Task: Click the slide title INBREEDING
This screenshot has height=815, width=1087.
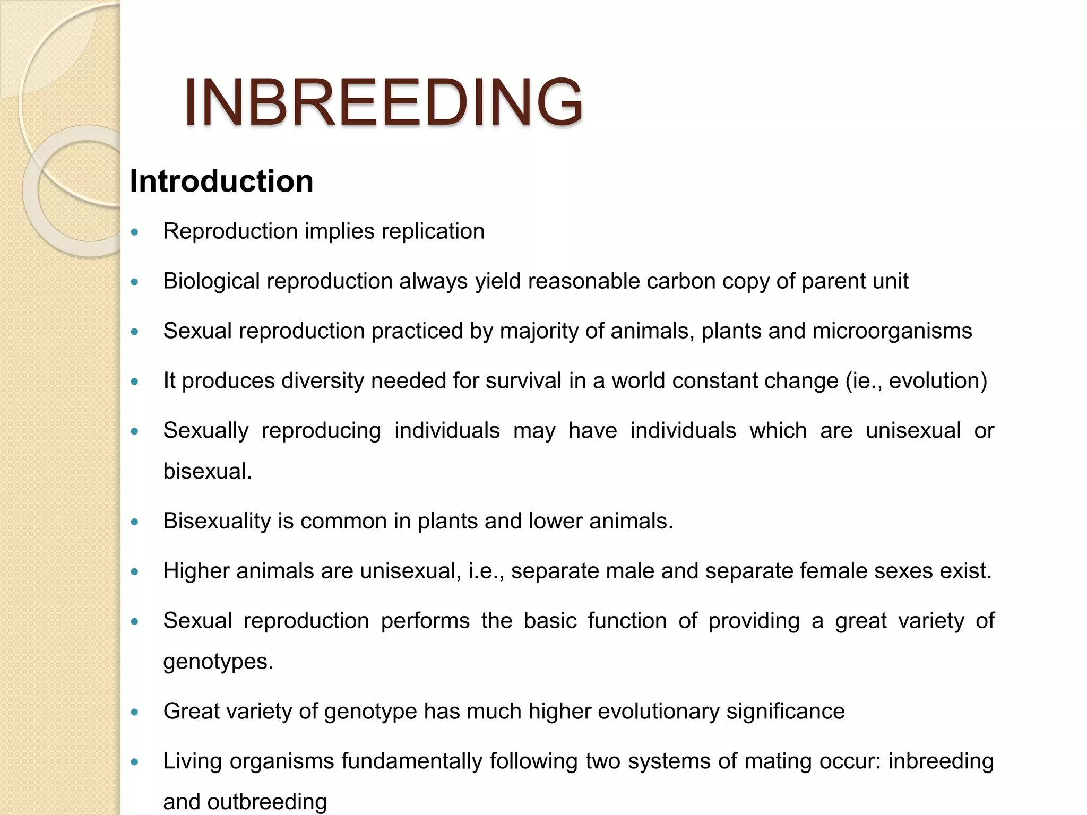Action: point(383,102)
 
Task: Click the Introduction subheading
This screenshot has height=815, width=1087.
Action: point(221,181)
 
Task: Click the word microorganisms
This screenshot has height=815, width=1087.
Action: point(892,331)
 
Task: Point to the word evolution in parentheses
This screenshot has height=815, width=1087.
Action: point(934,381)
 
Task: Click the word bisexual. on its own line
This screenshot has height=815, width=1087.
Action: point(208,471)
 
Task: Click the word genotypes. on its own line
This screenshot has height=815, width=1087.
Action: point(218,662)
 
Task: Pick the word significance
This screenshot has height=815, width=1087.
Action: point(786,712)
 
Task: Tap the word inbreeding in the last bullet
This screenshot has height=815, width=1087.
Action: point(941,761)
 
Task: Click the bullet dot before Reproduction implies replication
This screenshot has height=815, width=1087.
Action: point(135,232)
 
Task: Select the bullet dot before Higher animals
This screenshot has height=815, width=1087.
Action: point(135,571)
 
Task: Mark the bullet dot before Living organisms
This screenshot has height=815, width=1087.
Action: point(135,762)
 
